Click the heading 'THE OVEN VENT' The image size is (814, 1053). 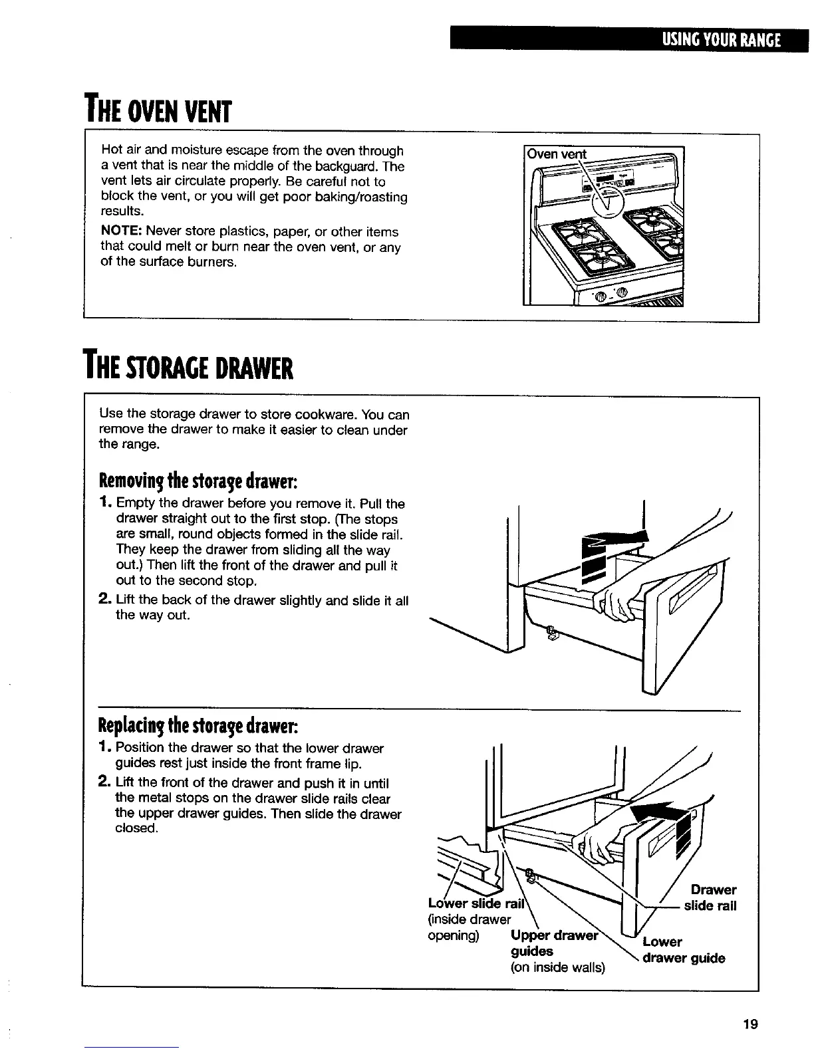pyautogui.click(x=157, y=110)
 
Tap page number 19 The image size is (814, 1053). pyautogui.click(x=751, y=1024)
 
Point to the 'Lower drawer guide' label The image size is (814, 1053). pyautogui.click(x=684, y=951)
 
